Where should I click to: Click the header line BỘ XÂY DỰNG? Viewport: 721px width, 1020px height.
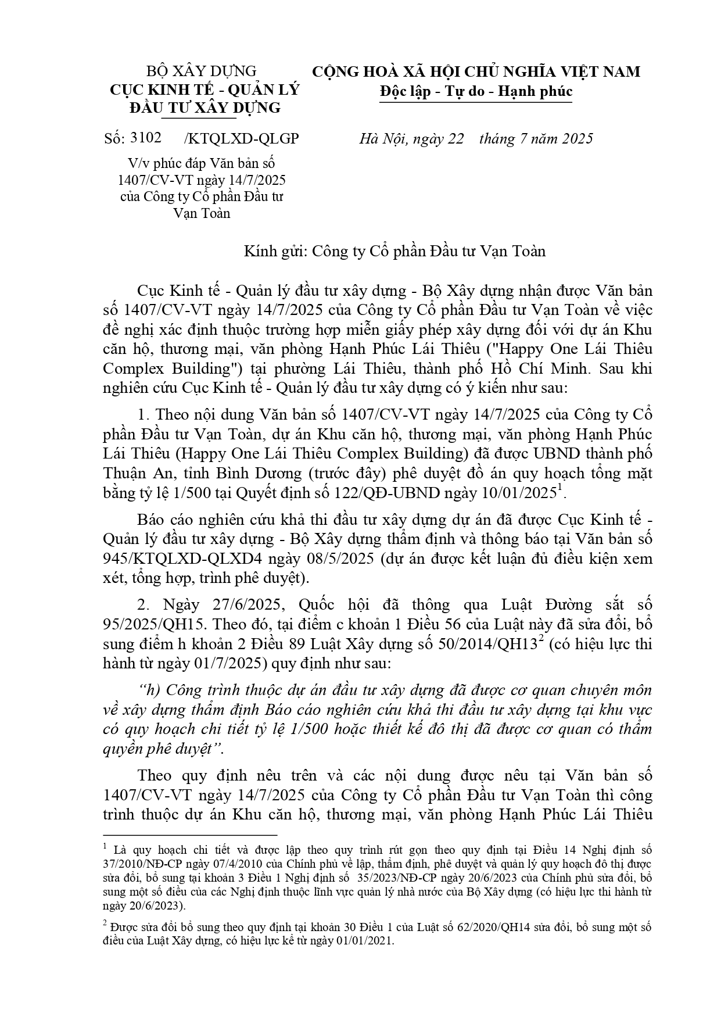pyautogui.click(x=201, y=71)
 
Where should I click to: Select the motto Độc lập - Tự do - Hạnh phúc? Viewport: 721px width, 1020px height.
pyautogui.click(x=476, y=91)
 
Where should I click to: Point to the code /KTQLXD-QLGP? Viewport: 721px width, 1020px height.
pyautogui.click(x=241, y=138)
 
